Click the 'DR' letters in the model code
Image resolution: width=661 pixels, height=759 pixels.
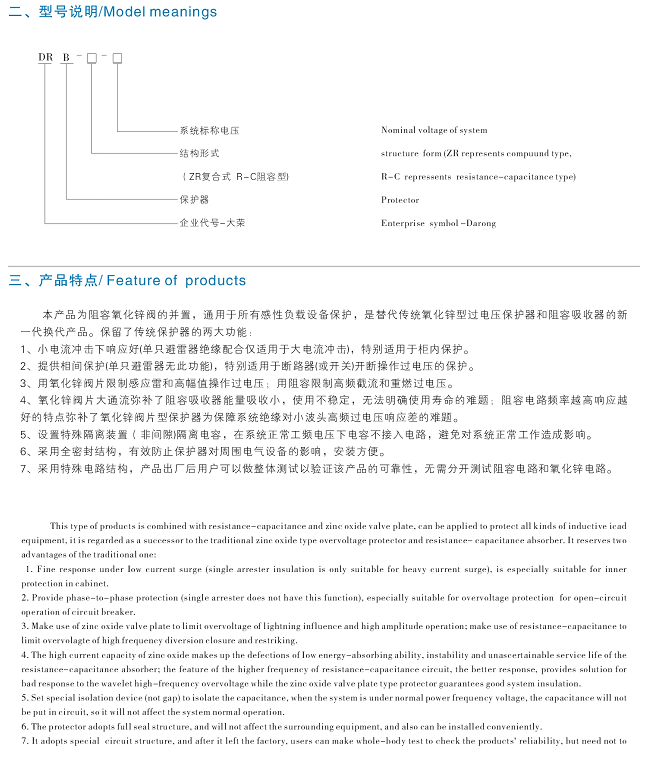(x=45, y=58)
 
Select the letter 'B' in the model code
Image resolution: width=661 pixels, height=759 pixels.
(x=66, y=58)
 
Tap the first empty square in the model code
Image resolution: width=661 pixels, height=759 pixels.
(x=92, y=58)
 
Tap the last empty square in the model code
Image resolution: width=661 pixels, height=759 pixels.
(x=117, y=58)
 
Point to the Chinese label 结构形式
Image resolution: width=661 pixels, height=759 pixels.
(x=199, y=154)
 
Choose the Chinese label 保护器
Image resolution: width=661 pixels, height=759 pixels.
(x=194, y=200)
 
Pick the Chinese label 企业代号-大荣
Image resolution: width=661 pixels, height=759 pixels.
(x=212, y=223)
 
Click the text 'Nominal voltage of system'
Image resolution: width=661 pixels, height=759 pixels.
(x=434, y=131)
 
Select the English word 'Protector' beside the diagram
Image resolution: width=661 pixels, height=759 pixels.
(x=400, y=200)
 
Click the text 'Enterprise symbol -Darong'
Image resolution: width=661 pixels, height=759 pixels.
(x=438, y=223)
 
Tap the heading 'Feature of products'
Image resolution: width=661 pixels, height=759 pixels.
(x=175, y=281)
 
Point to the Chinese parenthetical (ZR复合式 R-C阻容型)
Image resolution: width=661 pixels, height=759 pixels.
(x=234, y=177)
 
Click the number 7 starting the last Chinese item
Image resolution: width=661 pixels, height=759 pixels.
(x=23, y=468)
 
